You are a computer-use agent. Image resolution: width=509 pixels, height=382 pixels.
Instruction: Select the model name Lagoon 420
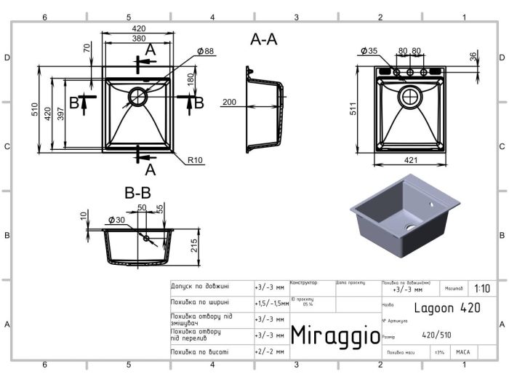click(x=447, y=308)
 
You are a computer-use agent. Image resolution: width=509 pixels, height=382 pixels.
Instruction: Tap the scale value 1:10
click(x=482, y=288)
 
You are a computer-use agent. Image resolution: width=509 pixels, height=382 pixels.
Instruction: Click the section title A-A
click(x=264, y=40)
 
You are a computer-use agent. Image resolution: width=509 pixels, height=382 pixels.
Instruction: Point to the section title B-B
click(x=137, y=194)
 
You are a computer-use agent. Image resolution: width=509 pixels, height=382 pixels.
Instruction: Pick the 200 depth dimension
click(x=231, y=103)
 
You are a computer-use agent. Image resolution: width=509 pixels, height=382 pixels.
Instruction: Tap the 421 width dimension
click(x=412, y=162)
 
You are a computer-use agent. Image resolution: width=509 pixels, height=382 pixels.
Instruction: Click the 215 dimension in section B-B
click(x=194, y=247)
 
